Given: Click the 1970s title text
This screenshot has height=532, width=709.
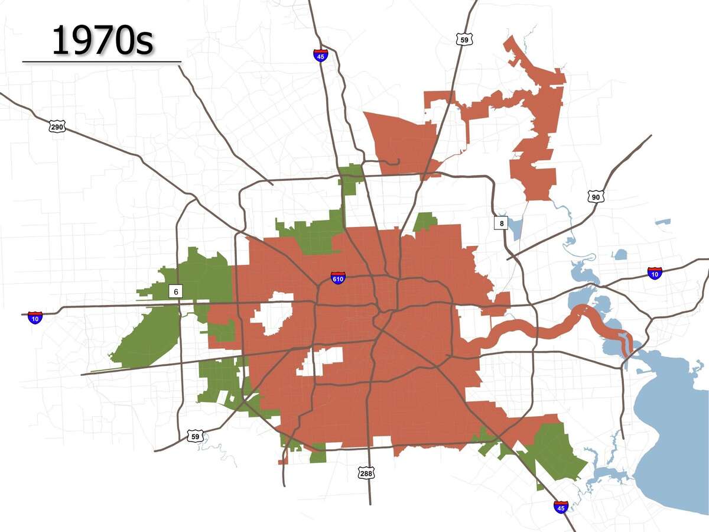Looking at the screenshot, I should [x=102, y=40].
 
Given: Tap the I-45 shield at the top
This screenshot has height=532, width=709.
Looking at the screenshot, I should [x=321, y=55].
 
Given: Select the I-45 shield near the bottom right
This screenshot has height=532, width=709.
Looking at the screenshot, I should [x=561, y=506].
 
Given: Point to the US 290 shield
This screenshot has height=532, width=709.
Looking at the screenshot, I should [x=57, y=126].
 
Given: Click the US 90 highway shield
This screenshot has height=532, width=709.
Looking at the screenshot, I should [x=596, y=196].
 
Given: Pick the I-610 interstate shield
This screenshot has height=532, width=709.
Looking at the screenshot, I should [x=337, y=277].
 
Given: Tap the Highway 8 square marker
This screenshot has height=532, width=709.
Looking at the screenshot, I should [x=501, y=223].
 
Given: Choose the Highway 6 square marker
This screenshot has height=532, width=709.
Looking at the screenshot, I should [x=175, y=291].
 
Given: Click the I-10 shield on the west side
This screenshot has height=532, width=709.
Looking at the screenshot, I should [x=35, y=317].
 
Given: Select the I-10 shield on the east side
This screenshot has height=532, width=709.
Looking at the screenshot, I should [x=654, y=273].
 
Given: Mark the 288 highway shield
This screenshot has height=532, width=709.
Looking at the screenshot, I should [x=365, y=473].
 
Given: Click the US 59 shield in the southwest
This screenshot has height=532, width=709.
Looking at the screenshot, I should [x=195, y=436].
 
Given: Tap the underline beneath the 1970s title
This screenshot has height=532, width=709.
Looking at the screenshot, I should [x=102, y=61].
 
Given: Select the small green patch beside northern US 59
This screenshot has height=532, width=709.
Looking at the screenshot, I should [x=425, y=222].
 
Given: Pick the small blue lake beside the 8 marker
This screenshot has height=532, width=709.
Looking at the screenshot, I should [x=515, y=228].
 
